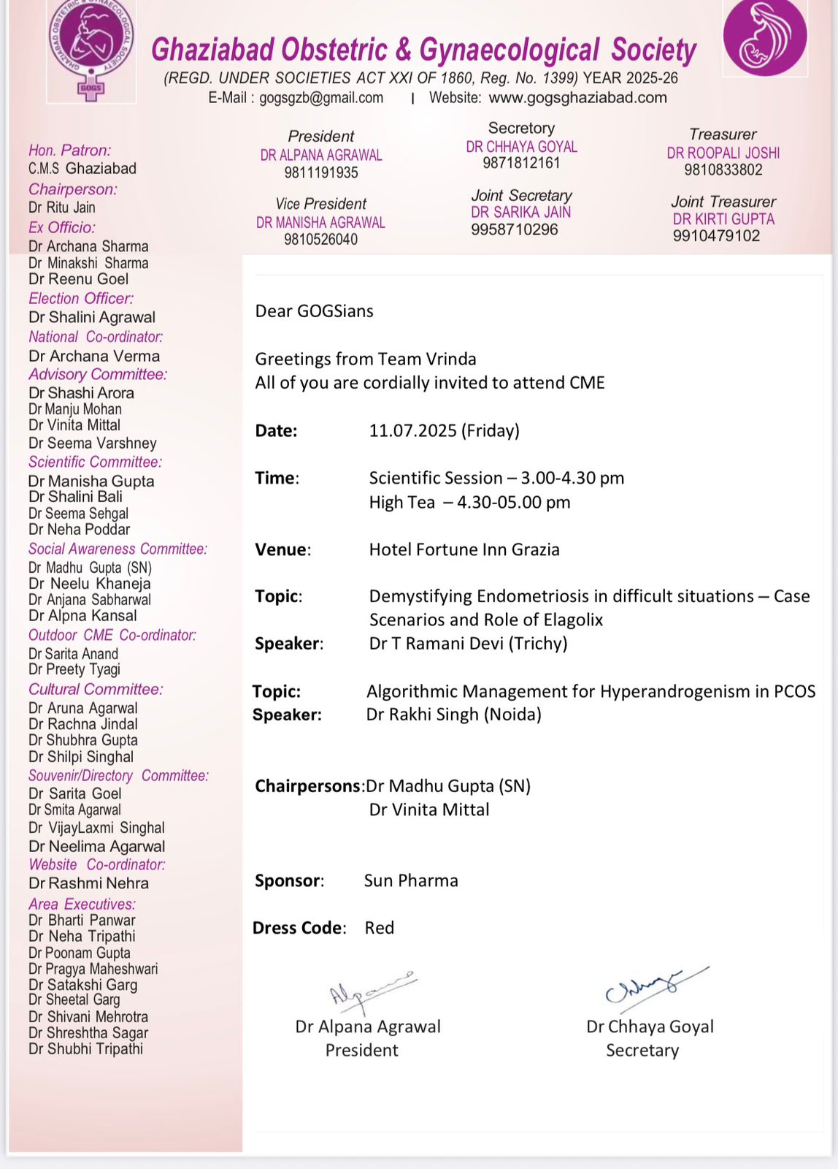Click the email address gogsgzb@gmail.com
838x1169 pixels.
click(x=321, y=98)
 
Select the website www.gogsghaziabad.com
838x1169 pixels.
click(x=577, y=98)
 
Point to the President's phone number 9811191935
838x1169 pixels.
click(x=321, y=173)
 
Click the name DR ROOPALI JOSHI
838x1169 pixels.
click(x=723, y=153)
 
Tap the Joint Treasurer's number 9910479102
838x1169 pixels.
click(x=716, y=236)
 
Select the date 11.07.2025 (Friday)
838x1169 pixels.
click(x=444, y=430)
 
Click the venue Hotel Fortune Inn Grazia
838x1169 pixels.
click(x=464, y=549)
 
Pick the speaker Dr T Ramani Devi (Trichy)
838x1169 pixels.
click(x=468, y=643)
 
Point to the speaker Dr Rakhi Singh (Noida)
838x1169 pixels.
click(x=453, y=715)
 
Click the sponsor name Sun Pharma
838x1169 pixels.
click(x=411, y=880)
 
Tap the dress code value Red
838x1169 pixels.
click(x=380, y=928)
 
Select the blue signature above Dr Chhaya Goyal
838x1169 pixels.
click(x=653, y=986)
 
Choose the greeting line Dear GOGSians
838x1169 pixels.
click(x=314, y=311)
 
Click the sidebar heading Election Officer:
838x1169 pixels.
click(x=81, y=298)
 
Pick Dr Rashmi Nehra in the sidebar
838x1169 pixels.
click(x=88, y=883)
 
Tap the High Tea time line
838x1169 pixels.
click(x=469, y=503)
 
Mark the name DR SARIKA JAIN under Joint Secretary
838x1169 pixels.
click(x=520, y=213)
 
